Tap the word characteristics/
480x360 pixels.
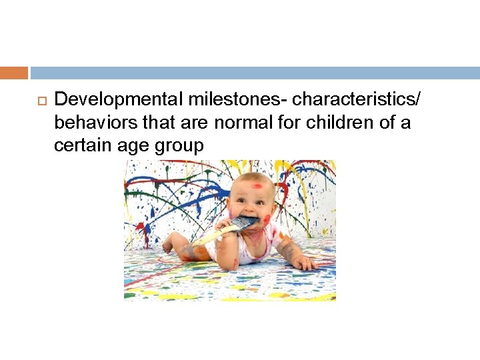pos(357,100)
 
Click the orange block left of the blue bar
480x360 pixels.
pos(14,73)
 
